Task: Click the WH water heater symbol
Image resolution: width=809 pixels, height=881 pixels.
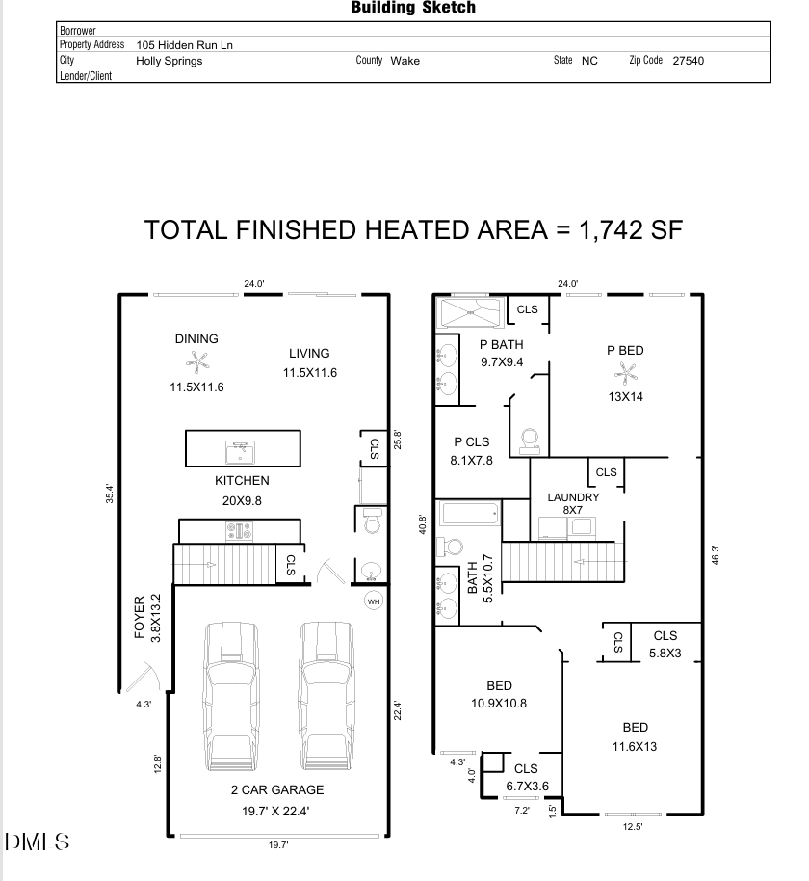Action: tap(373, 601)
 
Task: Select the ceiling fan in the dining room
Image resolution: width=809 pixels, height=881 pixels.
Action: tap(196, 362)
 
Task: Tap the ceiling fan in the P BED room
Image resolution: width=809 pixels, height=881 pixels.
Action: tap(625, 371)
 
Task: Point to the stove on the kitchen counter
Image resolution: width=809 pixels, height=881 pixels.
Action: tap(239, 529)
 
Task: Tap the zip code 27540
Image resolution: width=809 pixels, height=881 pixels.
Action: tap(688, 60)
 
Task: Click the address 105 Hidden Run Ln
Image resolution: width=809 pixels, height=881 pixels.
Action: tap(185, 44)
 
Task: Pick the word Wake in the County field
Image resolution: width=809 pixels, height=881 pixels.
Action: tap(404, 60)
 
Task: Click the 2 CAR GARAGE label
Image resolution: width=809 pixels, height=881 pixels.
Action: tap(276, 789)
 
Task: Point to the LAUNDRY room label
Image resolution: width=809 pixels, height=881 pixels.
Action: tap(573, 497)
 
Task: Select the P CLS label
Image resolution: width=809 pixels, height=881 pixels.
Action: tap(472, 441)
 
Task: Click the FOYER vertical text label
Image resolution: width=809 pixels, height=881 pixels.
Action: tap(139, 617)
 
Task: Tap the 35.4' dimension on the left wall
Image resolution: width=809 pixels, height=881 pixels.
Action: tap(110, 493)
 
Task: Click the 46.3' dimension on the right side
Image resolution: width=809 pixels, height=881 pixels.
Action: tap(715, 556)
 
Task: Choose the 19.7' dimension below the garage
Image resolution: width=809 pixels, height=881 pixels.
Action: tap(278, 844)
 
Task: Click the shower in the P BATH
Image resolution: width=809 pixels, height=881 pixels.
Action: tap(470, 312)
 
